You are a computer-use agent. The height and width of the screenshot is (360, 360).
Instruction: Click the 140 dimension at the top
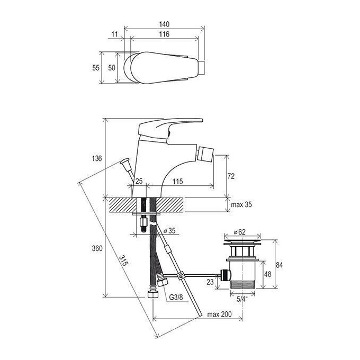[x=164, y=24]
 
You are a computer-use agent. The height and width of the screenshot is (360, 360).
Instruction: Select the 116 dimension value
[x=164, y=34]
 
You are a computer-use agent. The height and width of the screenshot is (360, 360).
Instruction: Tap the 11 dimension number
[x=114, y=34]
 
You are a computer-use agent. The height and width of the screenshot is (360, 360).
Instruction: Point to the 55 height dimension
[x=96, y=68]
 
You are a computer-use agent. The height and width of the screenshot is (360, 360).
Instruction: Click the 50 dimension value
[x=112, y=68]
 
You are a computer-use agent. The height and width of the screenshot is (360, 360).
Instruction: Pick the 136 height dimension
[x=97, y=158]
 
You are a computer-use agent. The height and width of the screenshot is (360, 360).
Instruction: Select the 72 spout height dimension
[x=231, y=176]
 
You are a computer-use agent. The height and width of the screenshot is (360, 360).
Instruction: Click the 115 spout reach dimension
[x=178, y=182]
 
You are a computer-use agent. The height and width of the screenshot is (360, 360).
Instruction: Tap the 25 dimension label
[x=139, y=181]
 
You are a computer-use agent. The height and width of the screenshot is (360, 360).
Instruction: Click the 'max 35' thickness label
[x=241, y=204]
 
